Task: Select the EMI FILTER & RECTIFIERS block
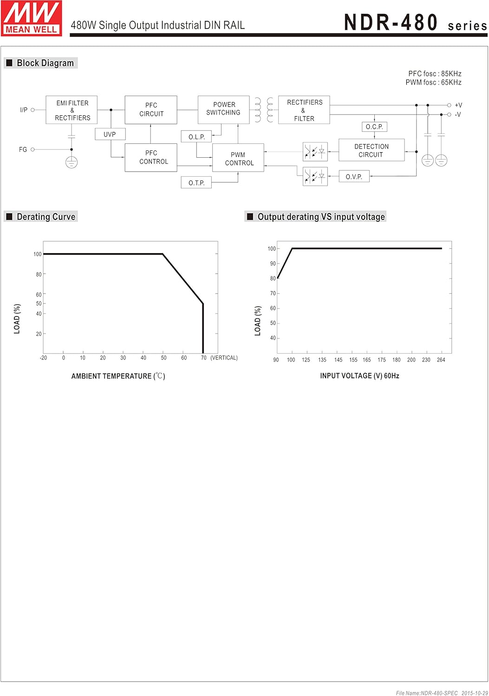(x=72, y=110)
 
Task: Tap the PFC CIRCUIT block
(x=151, y=110)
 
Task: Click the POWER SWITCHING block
(x=223, y=110)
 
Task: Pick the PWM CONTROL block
(x=238, y=158)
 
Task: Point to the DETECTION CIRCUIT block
(x=372, y=150)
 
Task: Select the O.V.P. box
(x=354, y=177)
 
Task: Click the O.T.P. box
(x=196, y=183)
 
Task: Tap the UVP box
(x=110, y=134)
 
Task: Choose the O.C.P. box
(x=374, y=127)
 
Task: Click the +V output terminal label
(x=458, y=105)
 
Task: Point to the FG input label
(x=23, y=149)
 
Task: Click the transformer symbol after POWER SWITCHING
(x=264, y=110)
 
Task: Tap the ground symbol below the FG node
(x=72, y=162)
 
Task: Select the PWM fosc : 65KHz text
(x=433, y=83)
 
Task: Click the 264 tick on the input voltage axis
(x=441, y=360)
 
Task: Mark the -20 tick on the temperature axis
(x=43, y=358)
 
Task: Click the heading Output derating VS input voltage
(x=321, y=217)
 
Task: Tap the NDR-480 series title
(x=415, y=23)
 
